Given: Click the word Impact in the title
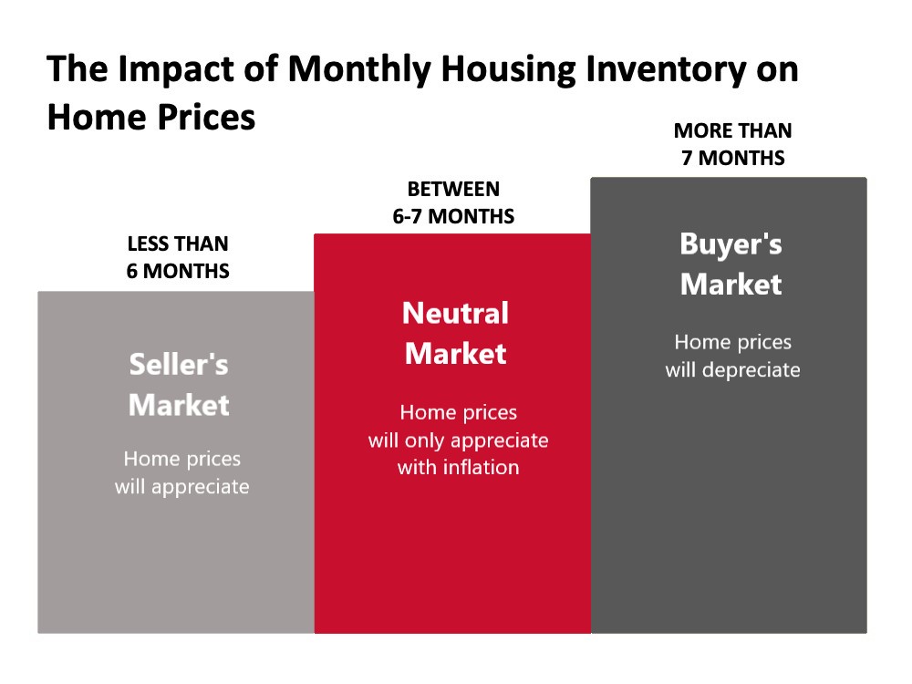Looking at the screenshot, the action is click(176, 70).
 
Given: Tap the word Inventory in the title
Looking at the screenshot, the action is click(665, 70).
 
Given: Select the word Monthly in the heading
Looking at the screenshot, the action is click(359, 70).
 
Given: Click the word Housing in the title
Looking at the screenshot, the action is click(508, 70).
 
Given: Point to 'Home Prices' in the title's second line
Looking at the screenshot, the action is click(151, 117).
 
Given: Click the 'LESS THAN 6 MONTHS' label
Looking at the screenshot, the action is click(178, 257).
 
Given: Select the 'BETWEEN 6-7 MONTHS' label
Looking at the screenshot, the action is click(453, 202).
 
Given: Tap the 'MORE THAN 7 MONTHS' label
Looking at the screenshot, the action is click(733, 144).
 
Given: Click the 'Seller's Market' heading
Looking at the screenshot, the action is click(179, 385).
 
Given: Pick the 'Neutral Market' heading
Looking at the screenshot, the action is click(455, 333).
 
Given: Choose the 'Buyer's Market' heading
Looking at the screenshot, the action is click(731, 264).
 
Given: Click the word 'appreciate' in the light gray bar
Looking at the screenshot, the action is click(200, 487).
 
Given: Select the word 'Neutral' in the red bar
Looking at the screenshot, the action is click(455, 313).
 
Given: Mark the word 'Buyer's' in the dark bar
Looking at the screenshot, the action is click(731, 244).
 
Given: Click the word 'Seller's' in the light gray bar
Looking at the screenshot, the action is click(179, 365).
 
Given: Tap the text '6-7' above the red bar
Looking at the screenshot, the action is click(407, 216).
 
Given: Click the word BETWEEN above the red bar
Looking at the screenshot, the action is click(453, 189).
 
